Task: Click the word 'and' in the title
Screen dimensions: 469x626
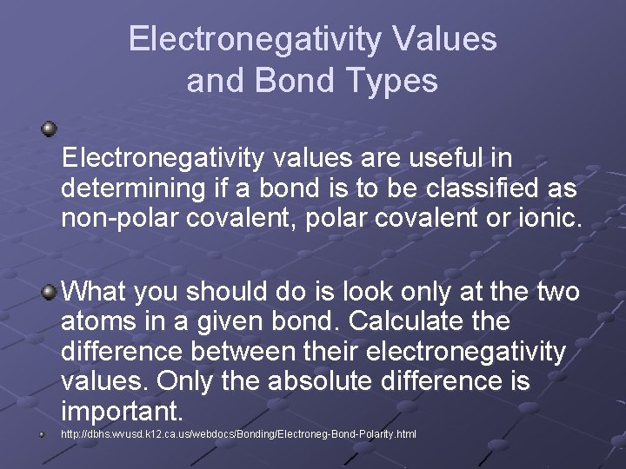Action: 213,81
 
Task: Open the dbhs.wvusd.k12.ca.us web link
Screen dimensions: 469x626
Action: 239,433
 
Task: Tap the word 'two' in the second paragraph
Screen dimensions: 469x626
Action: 556,292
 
